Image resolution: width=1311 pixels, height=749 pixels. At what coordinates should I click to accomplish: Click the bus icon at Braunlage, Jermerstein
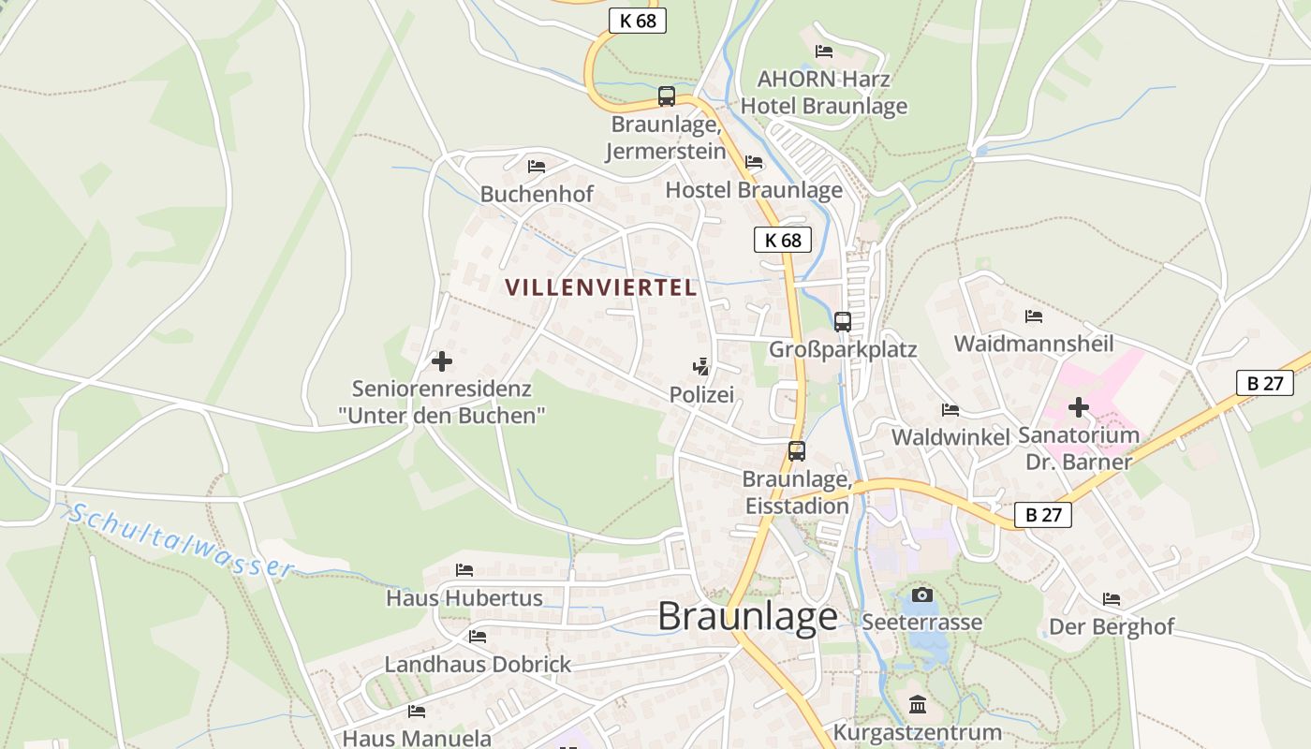(x=667, y=95)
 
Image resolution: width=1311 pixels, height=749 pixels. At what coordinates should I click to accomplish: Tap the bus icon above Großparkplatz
(x=843, y=321)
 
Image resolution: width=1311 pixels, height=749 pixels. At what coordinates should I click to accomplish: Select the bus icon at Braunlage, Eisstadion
(x=797, y=450)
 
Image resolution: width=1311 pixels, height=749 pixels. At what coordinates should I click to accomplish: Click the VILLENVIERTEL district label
(x=602, y=287)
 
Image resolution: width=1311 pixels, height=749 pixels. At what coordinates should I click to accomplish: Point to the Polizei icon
(x=701, y=366)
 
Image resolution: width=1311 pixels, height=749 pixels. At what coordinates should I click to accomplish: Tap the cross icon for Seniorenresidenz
(x=442, y=360)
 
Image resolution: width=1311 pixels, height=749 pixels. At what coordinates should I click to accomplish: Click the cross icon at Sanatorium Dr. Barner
(x=1079, y=407)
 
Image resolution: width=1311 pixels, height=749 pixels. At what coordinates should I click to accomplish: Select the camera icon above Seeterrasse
(x=922, y=595)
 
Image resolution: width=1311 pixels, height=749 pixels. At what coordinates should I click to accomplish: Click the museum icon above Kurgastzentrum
(x=918, y=704)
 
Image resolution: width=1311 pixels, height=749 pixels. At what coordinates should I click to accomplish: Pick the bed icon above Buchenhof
(x=537, y=167)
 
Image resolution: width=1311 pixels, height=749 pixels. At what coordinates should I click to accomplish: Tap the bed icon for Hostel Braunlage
(x=754, y=162)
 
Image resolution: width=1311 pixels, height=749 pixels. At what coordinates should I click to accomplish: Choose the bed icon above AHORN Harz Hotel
(x=824, y=51)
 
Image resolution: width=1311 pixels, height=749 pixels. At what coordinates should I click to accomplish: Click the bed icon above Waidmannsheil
(x=1034, y=316)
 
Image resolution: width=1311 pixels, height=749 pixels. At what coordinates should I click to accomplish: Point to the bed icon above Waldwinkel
(x=950, y=410)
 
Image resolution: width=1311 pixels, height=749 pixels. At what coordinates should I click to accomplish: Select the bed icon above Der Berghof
(x=1112, y=599)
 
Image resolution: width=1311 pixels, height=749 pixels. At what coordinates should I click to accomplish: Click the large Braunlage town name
(x=747, y=616)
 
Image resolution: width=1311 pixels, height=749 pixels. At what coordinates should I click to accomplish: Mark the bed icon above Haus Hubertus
(x=464, y=569)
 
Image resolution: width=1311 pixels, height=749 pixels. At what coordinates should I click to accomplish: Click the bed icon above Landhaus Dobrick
(x=478, y=637)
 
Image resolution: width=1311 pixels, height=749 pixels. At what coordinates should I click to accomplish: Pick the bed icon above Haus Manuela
(x=417, y=712)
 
